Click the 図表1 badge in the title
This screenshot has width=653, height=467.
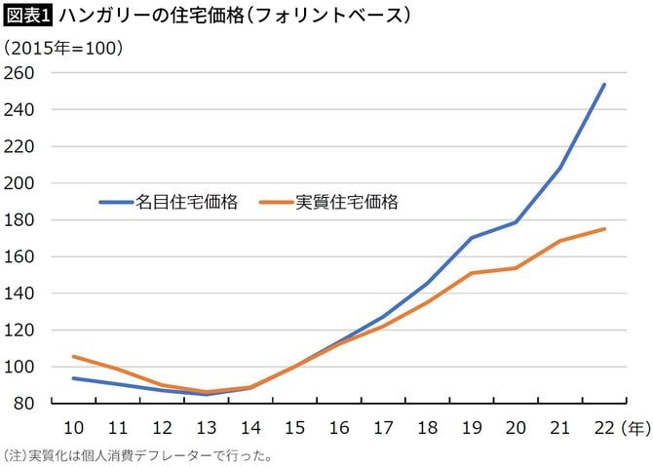[28, 16]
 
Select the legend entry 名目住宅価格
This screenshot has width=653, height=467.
[187, 202]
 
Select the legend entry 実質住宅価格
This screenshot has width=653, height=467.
[347, 202]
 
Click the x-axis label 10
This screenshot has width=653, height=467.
[73, 428]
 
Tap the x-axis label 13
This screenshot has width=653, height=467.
[206, 428]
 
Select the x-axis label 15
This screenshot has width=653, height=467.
[294, 428]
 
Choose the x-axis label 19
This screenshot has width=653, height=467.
[472, 428]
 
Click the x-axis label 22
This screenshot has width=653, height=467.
[604, 428]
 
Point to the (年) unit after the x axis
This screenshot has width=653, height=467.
[634, 428]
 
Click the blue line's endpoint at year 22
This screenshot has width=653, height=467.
[604, 85]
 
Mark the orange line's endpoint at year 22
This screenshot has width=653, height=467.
[604, 229]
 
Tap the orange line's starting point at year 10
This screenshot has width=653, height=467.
[73, 357]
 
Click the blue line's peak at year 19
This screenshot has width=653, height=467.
[472, 238]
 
